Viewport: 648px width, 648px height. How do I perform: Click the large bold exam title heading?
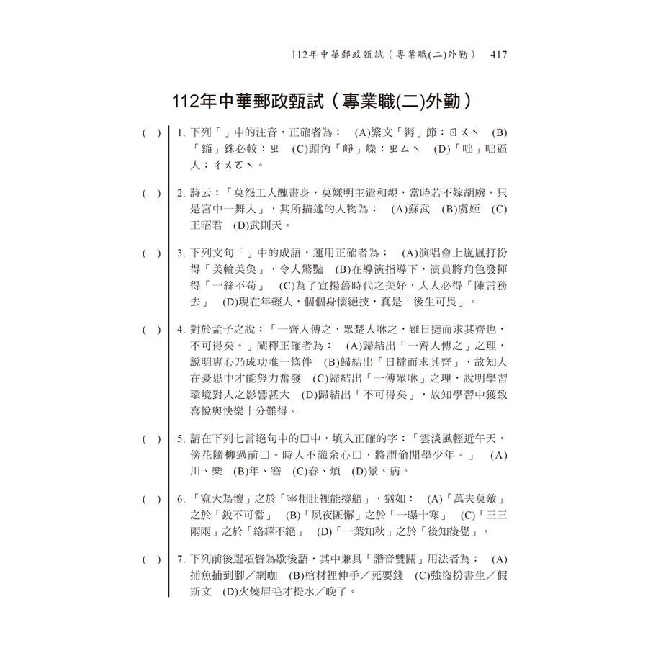coord(323,99)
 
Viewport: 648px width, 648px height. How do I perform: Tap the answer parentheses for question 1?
coord(151,133)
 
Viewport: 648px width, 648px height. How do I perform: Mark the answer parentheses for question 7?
coord(151,559)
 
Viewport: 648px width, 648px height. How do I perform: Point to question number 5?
coord(181,438)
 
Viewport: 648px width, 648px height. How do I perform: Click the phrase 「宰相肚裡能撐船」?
coord(329,499)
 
